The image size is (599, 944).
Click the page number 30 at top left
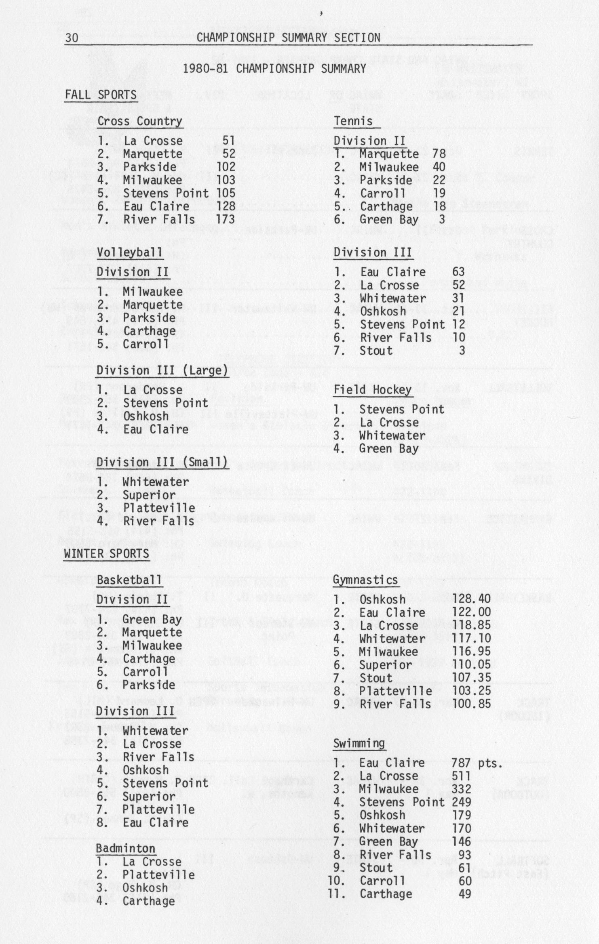(x=72, y=38)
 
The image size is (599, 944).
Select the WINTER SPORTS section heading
(x=106, y=553)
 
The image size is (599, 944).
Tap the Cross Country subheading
(x=139, y=121)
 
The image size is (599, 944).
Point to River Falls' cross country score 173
(x=226, y=219)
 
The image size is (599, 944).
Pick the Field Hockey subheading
(x=372, y=390)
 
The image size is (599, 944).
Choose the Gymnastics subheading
(x=365, y=580)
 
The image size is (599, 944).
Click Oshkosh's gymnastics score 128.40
(x=471, y=599)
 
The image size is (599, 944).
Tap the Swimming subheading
(x=359, y=743)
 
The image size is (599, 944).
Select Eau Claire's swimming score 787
(x=461, y=763)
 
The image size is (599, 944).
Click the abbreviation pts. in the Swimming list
(x=490, y=763)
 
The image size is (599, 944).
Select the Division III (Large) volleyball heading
(x=162, y=370)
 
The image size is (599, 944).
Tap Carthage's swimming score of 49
(x=465, y=894)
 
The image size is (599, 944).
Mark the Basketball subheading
(x=129, y=580)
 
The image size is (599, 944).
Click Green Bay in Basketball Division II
(x=152, y=619)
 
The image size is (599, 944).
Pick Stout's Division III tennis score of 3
(x=462, y=350)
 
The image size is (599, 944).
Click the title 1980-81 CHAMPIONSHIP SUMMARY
(x=274, y=69)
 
